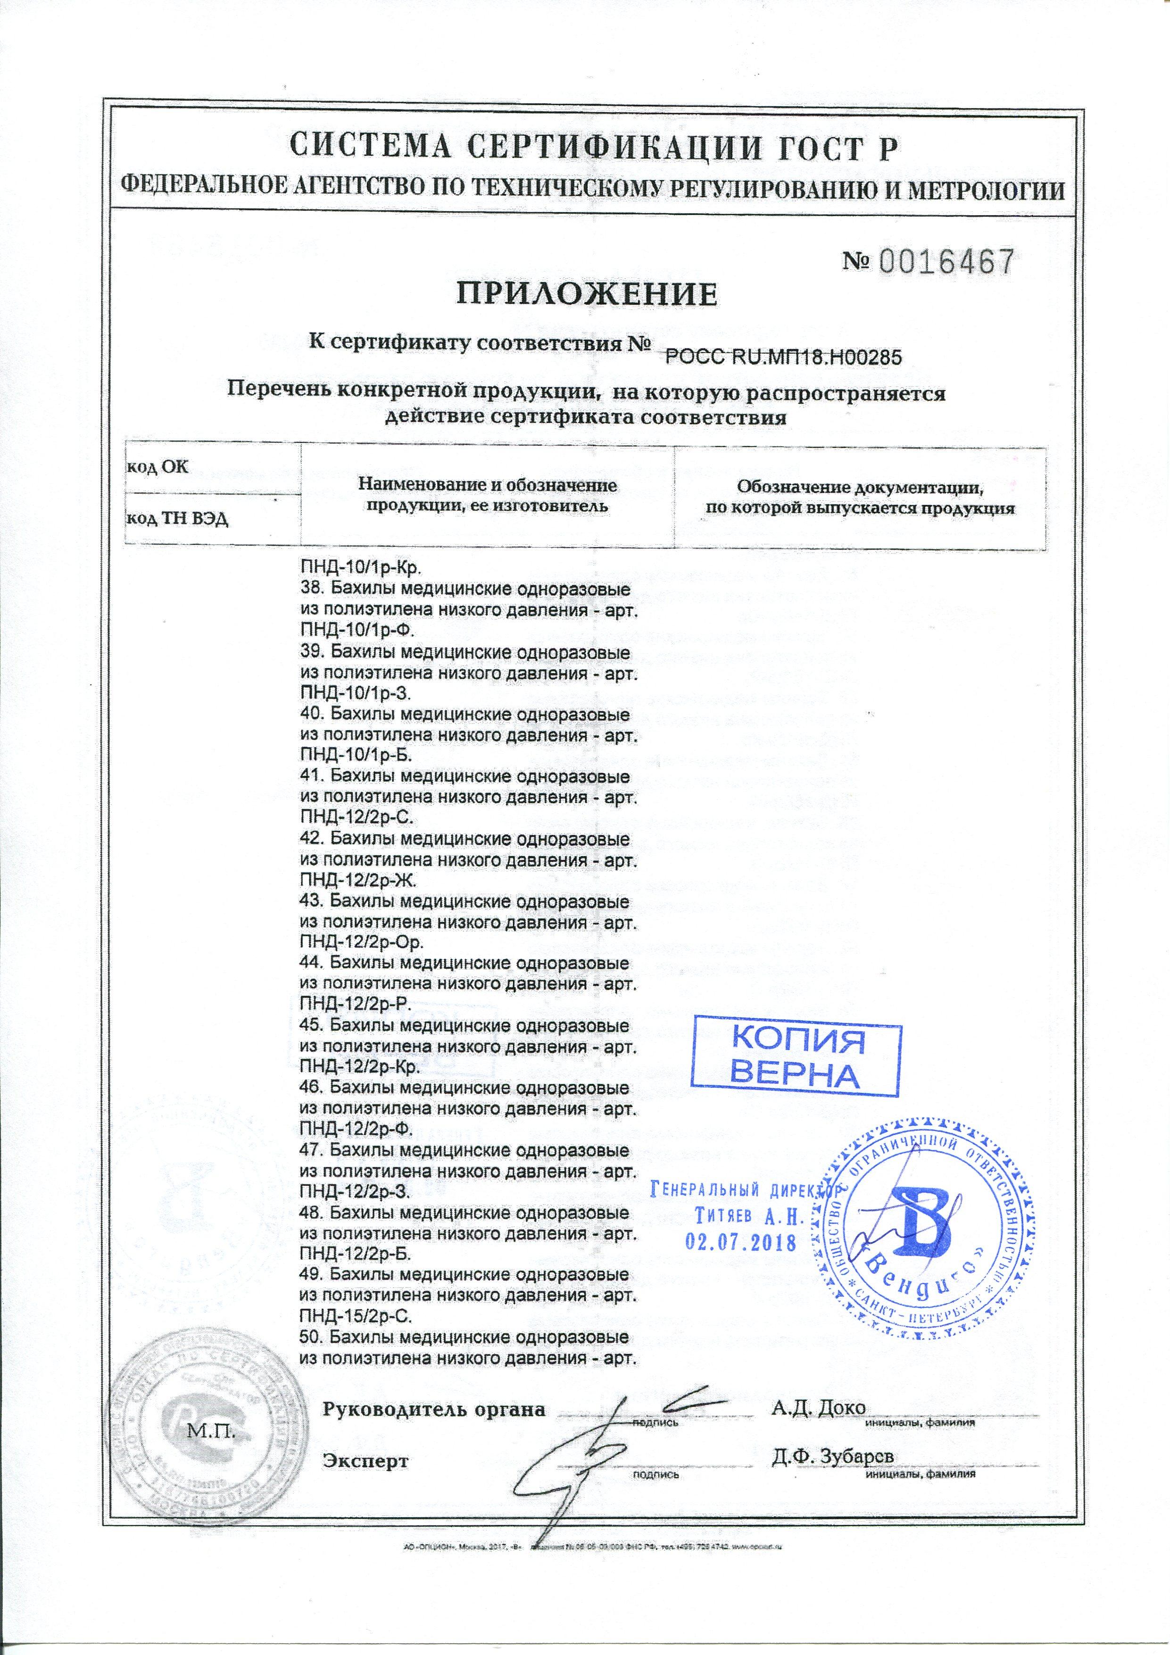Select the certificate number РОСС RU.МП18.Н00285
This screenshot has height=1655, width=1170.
pyautogui.click(x=783, y=356)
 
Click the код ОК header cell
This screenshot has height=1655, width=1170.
pyautogui.click(x=158, y=466)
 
